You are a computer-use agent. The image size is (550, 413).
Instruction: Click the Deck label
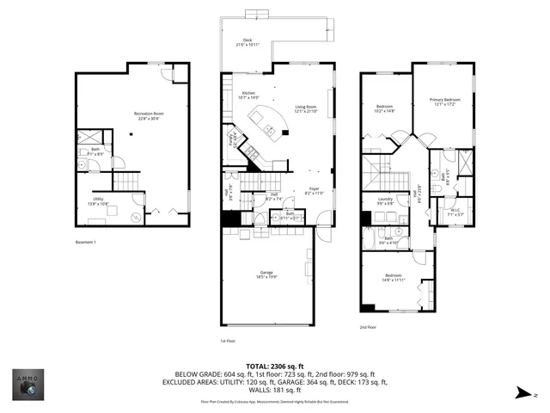(247, 40)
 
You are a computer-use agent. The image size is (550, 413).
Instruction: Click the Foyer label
(314, 190)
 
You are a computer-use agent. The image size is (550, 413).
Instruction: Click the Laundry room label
(386, 200)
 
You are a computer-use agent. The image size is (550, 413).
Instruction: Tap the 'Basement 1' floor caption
(84, 243)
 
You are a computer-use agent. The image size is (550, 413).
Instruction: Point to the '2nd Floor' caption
(369, 327)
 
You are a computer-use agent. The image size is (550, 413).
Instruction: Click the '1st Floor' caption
(228, 342)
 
